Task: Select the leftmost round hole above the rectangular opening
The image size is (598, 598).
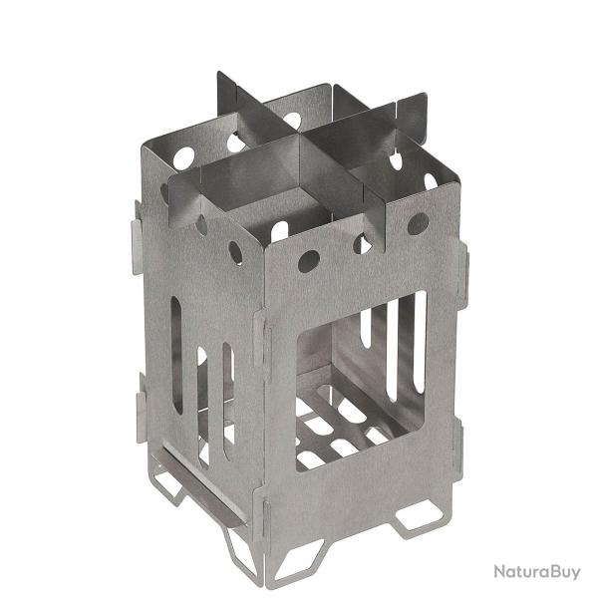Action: (x=309, y=261)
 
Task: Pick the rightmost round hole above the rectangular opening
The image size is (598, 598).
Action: (x=418, y=223)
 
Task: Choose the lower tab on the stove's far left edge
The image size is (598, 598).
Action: (x=141, y=416)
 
